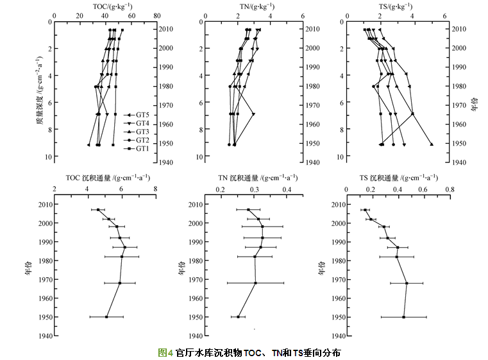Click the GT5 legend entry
point(136,114)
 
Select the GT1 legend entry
point(136,148)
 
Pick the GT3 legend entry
point(136,131)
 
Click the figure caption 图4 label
point(165,352)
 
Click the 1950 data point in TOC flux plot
point(106,317)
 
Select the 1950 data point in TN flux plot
point(238,317)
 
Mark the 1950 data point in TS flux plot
point(403,317)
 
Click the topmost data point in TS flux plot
point(365,210)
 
